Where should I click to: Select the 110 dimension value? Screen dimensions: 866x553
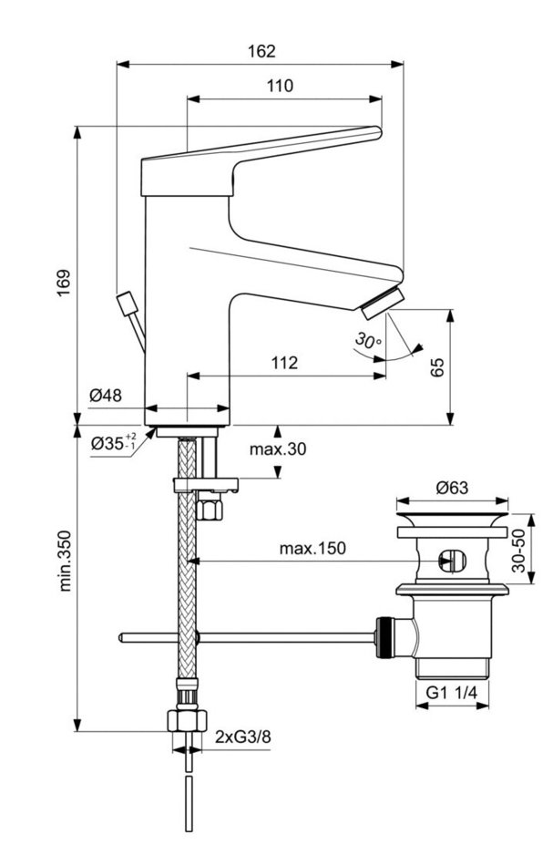[280, 87]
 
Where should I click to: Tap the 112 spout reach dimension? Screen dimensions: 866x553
[285, 363]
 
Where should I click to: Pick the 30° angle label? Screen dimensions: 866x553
[367, 342]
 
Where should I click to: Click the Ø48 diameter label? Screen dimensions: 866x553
[107, 395]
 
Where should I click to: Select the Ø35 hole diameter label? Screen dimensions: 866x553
[112, 445]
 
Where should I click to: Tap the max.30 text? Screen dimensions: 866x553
[279, 448]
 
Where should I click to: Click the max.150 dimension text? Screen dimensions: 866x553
[312, 549]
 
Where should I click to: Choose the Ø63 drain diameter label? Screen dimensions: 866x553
[452, 488]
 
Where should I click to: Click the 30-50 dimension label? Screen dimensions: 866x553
[518, 551]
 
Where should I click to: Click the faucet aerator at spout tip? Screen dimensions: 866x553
[380, 302]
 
